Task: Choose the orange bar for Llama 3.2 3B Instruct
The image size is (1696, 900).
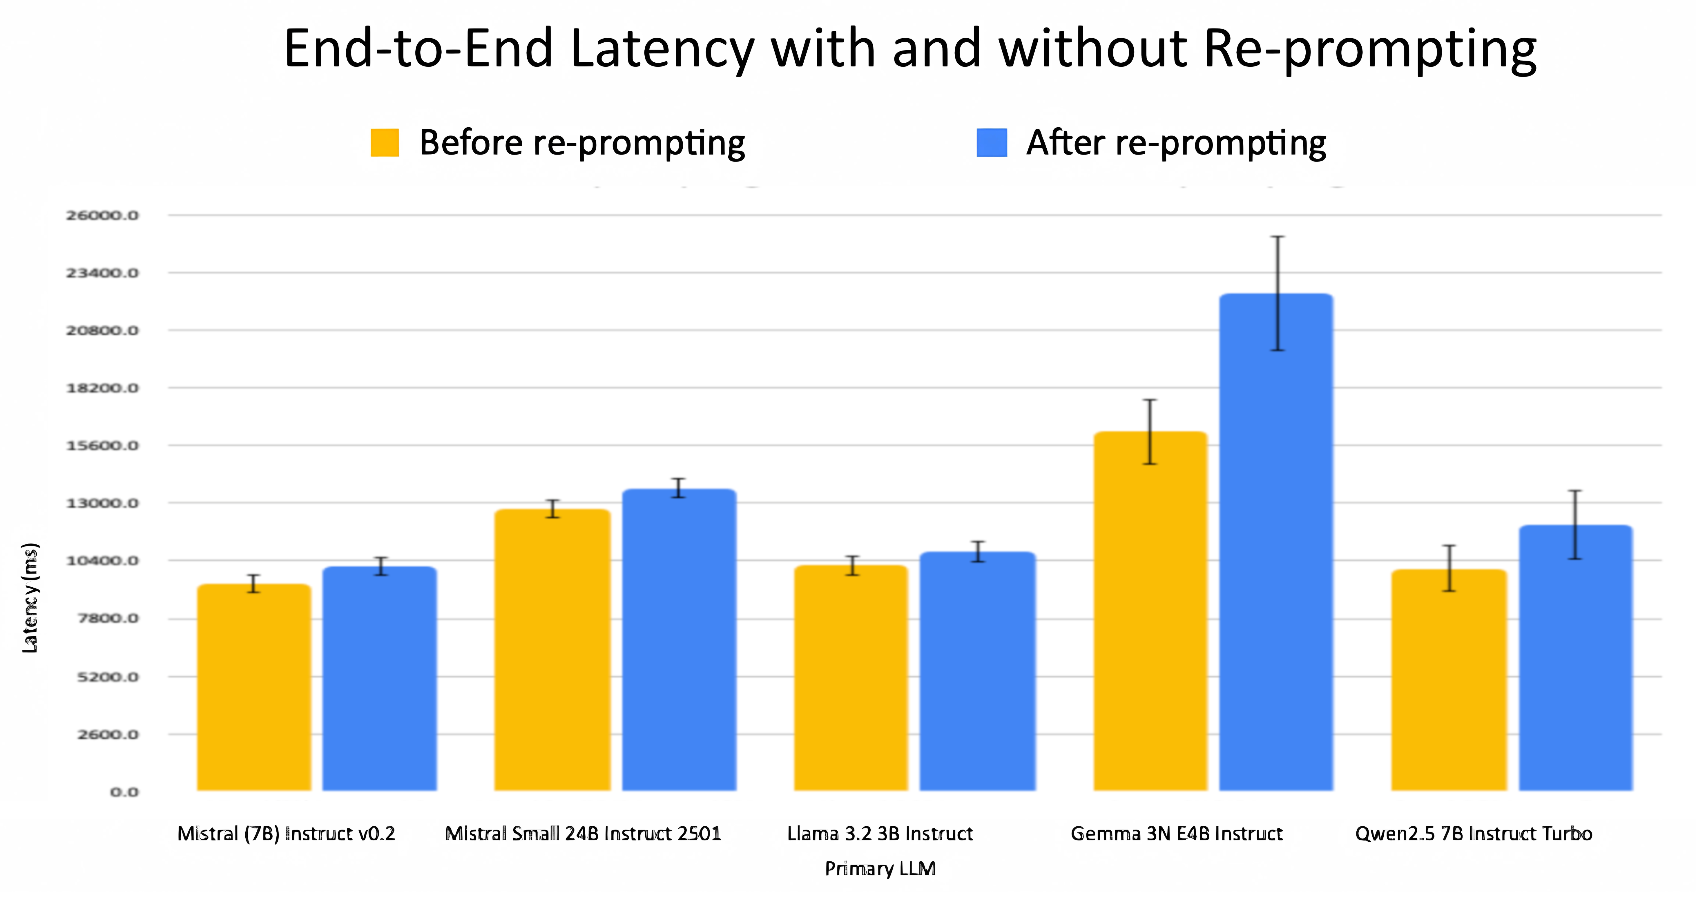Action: click(x=851, y=678)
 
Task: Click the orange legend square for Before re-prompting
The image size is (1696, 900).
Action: click(x=385, y=143)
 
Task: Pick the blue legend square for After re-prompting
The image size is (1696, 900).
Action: click(x=992, y=143)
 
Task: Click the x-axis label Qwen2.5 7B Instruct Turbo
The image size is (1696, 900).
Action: click(x=1474, y=834)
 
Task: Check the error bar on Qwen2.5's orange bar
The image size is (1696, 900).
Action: click(x=1449, y=568)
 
